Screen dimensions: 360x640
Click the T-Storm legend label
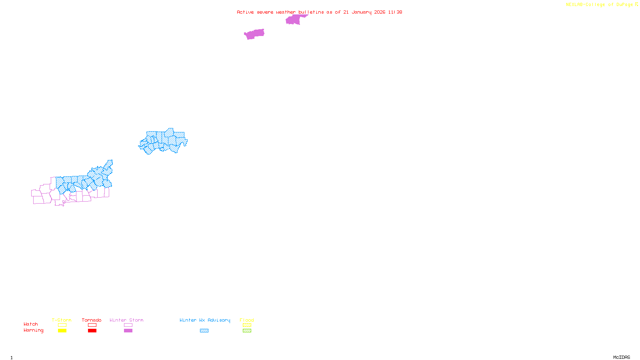pyautogui.click(x=62, y=320)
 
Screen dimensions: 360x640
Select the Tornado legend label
pyautogui.click(x=92, y=320)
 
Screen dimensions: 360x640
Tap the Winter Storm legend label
pyautogui.click(x=126, y=320)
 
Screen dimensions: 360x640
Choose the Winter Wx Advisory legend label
pyautogui.click(x=205, y=320)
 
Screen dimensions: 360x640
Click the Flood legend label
pyautogui.click(x=247, y=320)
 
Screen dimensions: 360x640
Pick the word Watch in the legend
pyautogui.click(x=31, y=324)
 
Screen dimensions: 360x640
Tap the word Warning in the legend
pyautogui.click(x=34, y=330)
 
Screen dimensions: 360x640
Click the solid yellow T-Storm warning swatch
pyautogui.click(x=62, y=331)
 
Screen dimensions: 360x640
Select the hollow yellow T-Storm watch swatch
pyautogui.click(x=62, y=325)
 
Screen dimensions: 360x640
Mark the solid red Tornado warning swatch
pyautogui.click(x=92, y=331)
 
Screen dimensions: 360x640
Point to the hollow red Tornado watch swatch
pyautogui.click(x=92, y=325)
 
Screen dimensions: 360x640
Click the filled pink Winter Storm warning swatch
pyautogui.click(x=128, y=331)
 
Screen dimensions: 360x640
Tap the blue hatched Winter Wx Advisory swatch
pyautogui.click(x=204, y=331)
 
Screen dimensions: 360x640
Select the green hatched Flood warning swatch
pyautogui.click(x=247, y=331)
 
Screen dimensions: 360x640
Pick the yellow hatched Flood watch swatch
pyautogui.click(x=247, y=325)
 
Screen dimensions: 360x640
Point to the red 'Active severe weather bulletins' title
pyautogui.click(x=319, y=12)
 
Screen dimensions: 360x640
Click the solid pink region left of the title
pyautogui.click(x=254, y=34)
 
